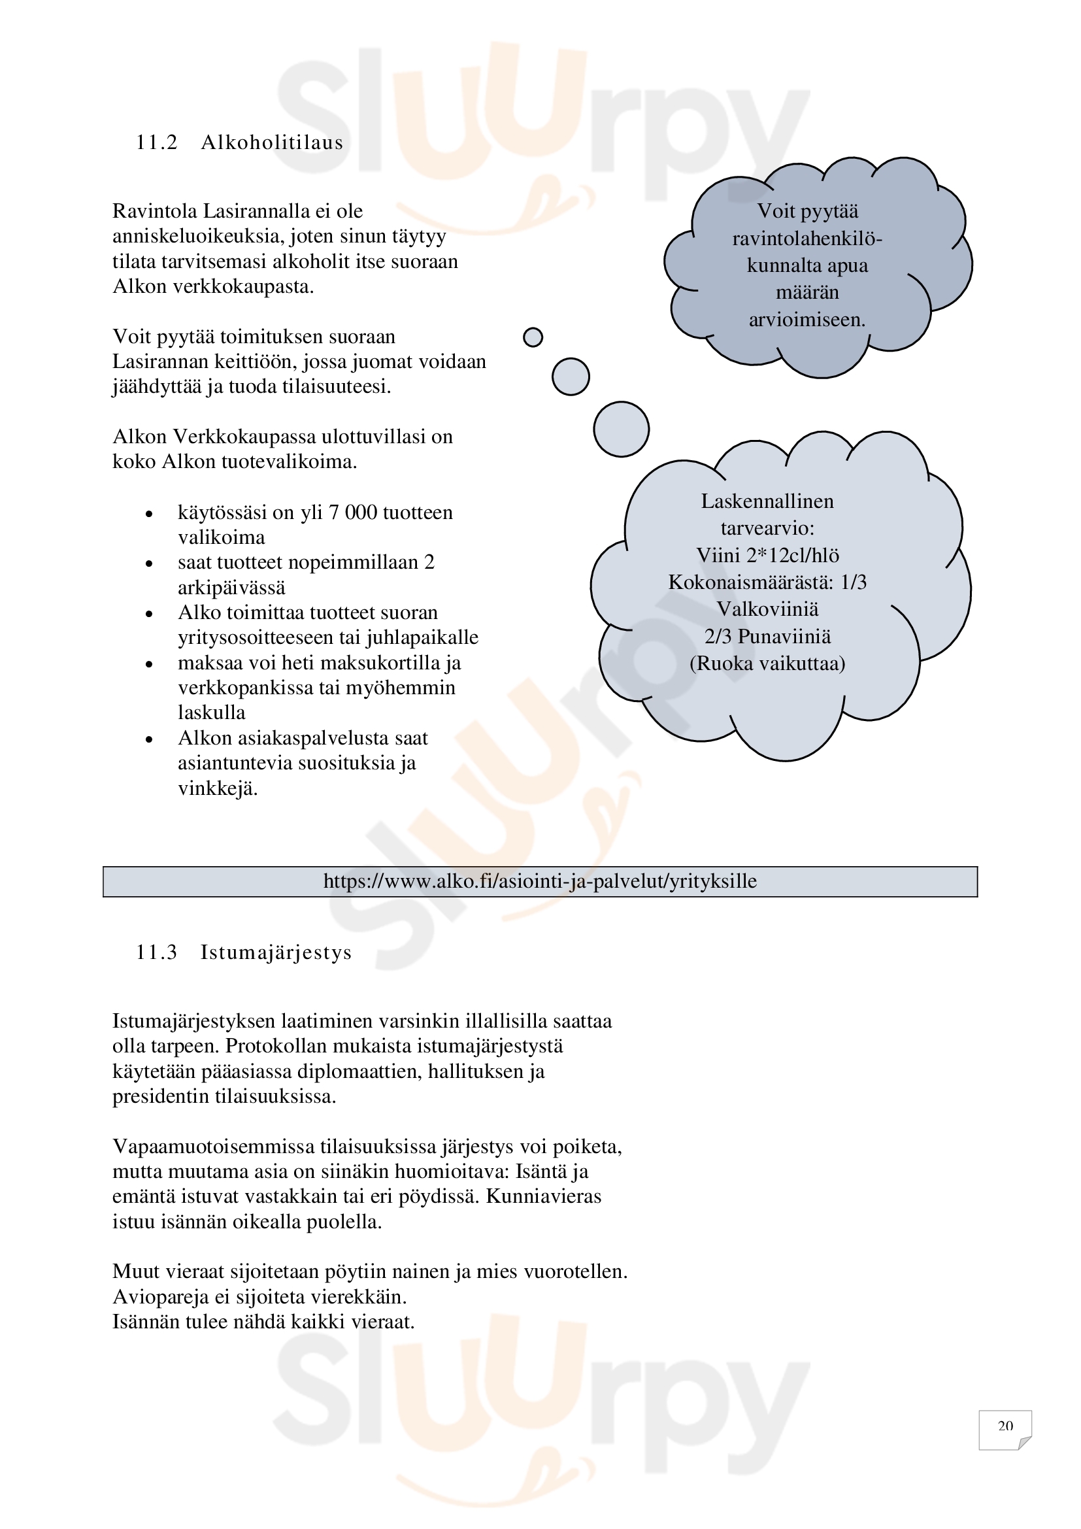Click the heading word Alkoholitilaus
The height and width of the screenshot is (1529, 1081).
[272, 143]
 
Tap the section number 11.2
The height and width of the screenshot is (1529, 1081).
[157, 143]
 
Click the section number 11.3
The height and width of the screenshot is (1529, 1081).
[157, 952]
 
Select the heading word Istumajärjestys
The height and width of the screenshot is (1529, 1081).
[276, 952]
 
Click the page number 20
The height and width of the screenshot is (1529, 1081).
[1005, 1426]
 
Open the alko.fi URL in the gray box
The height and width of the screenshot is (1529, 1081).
[540, 881]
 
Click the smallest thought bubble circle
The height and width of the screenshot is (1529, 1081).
[533, 337]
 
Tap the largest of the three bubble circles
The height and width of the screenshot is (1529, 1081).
[621, 429]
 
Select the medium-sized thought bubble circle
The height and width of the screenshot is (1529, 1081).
[571, 377]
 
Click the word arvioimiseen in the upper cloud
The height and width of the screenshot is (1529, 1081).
[807, 320]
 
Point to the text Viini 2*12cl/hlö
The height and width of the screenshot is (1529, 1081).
[767, 556]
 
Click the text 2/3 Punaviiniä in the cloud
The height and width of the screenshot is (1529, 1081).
[767, 637]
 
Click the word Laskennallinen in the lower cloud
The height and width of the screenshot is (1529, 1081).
[767, 501]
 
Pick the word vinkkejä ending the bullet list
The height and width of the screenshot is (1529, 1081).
[218, 788]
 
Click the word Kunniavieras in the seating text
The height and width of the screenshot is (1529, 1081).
[543, 1196]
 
